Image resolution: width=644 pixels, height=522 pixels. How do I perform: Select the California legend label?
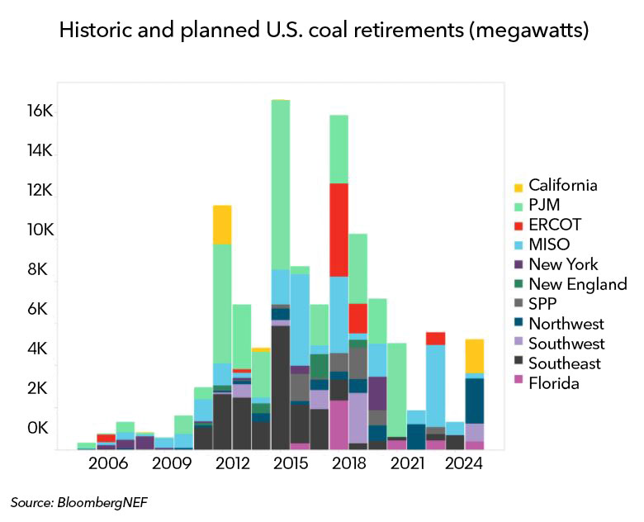[562, 185]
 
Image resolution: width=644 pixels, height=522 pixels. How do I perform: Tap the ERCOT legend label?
[555, 225]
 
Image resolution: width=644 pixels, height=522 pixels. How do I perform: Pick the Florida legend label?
[554, 383]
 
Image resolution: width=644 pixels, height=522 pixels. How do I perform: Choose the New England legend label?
[577, 284]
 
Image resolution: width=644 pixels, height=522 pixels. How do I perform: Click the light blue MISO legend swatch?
[518, 245]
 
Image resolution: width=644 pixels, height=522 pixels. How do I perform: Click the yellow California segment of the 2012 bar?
[221, 224]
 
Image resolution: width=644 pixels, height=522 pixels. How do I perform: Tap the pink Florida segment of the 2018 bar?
[339, 425]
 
